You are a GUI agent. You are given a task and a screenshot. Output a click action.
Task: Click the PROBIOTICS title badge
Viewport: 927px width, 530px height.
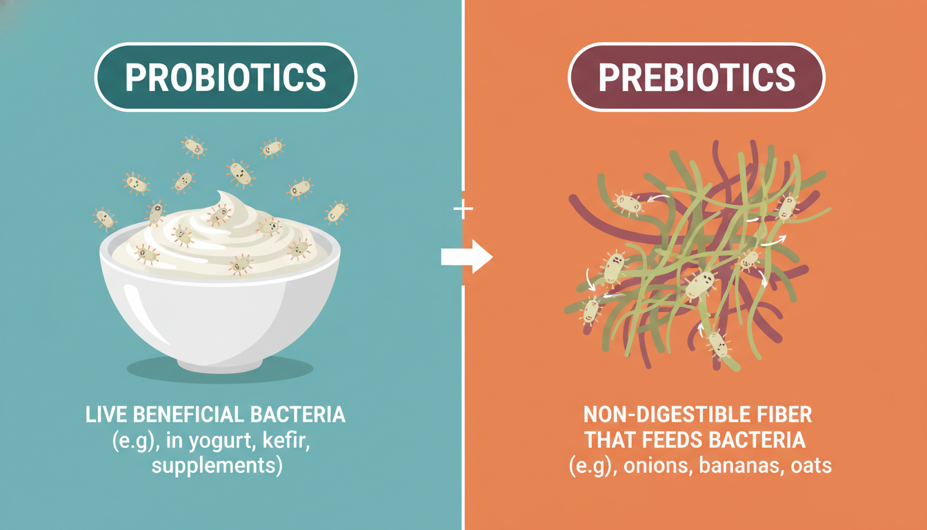point(226,77)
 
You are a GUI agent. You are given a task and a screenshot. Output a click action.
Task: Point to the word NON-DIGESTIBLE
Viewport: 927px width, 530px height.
point(656,415)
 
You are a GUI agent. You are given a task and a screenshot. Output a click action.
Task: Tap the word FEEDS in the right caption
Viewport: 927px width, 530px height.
point(675,440)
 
